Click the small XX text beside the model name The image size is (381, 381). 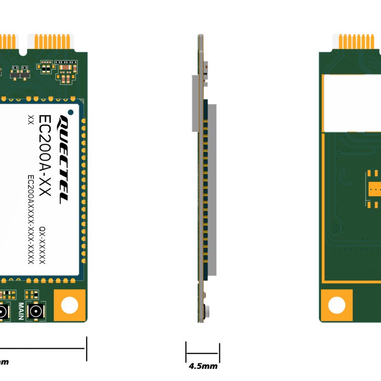pyautogui.click(x=30, y=120)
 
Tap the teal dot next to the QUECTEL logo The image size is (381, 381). pyautogui.click(x=70, y=112)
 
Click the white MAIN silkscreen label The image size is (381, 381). pyautogui.click(x=21, y=311)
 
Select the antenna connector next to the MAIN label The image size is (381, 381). pyautogui.click(x=35, y=312)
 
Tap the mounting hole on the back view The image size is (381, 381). pyautogui.click(x=337, y=305)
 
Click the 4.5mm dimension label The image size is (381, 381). pyautogui.click(x=203, y=366)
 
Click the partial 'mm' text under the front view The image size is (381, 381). pyautogui.click(x=4, y=362)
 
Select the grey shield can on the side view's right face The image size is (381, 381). pyautogui.click(x=212, y=190)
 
